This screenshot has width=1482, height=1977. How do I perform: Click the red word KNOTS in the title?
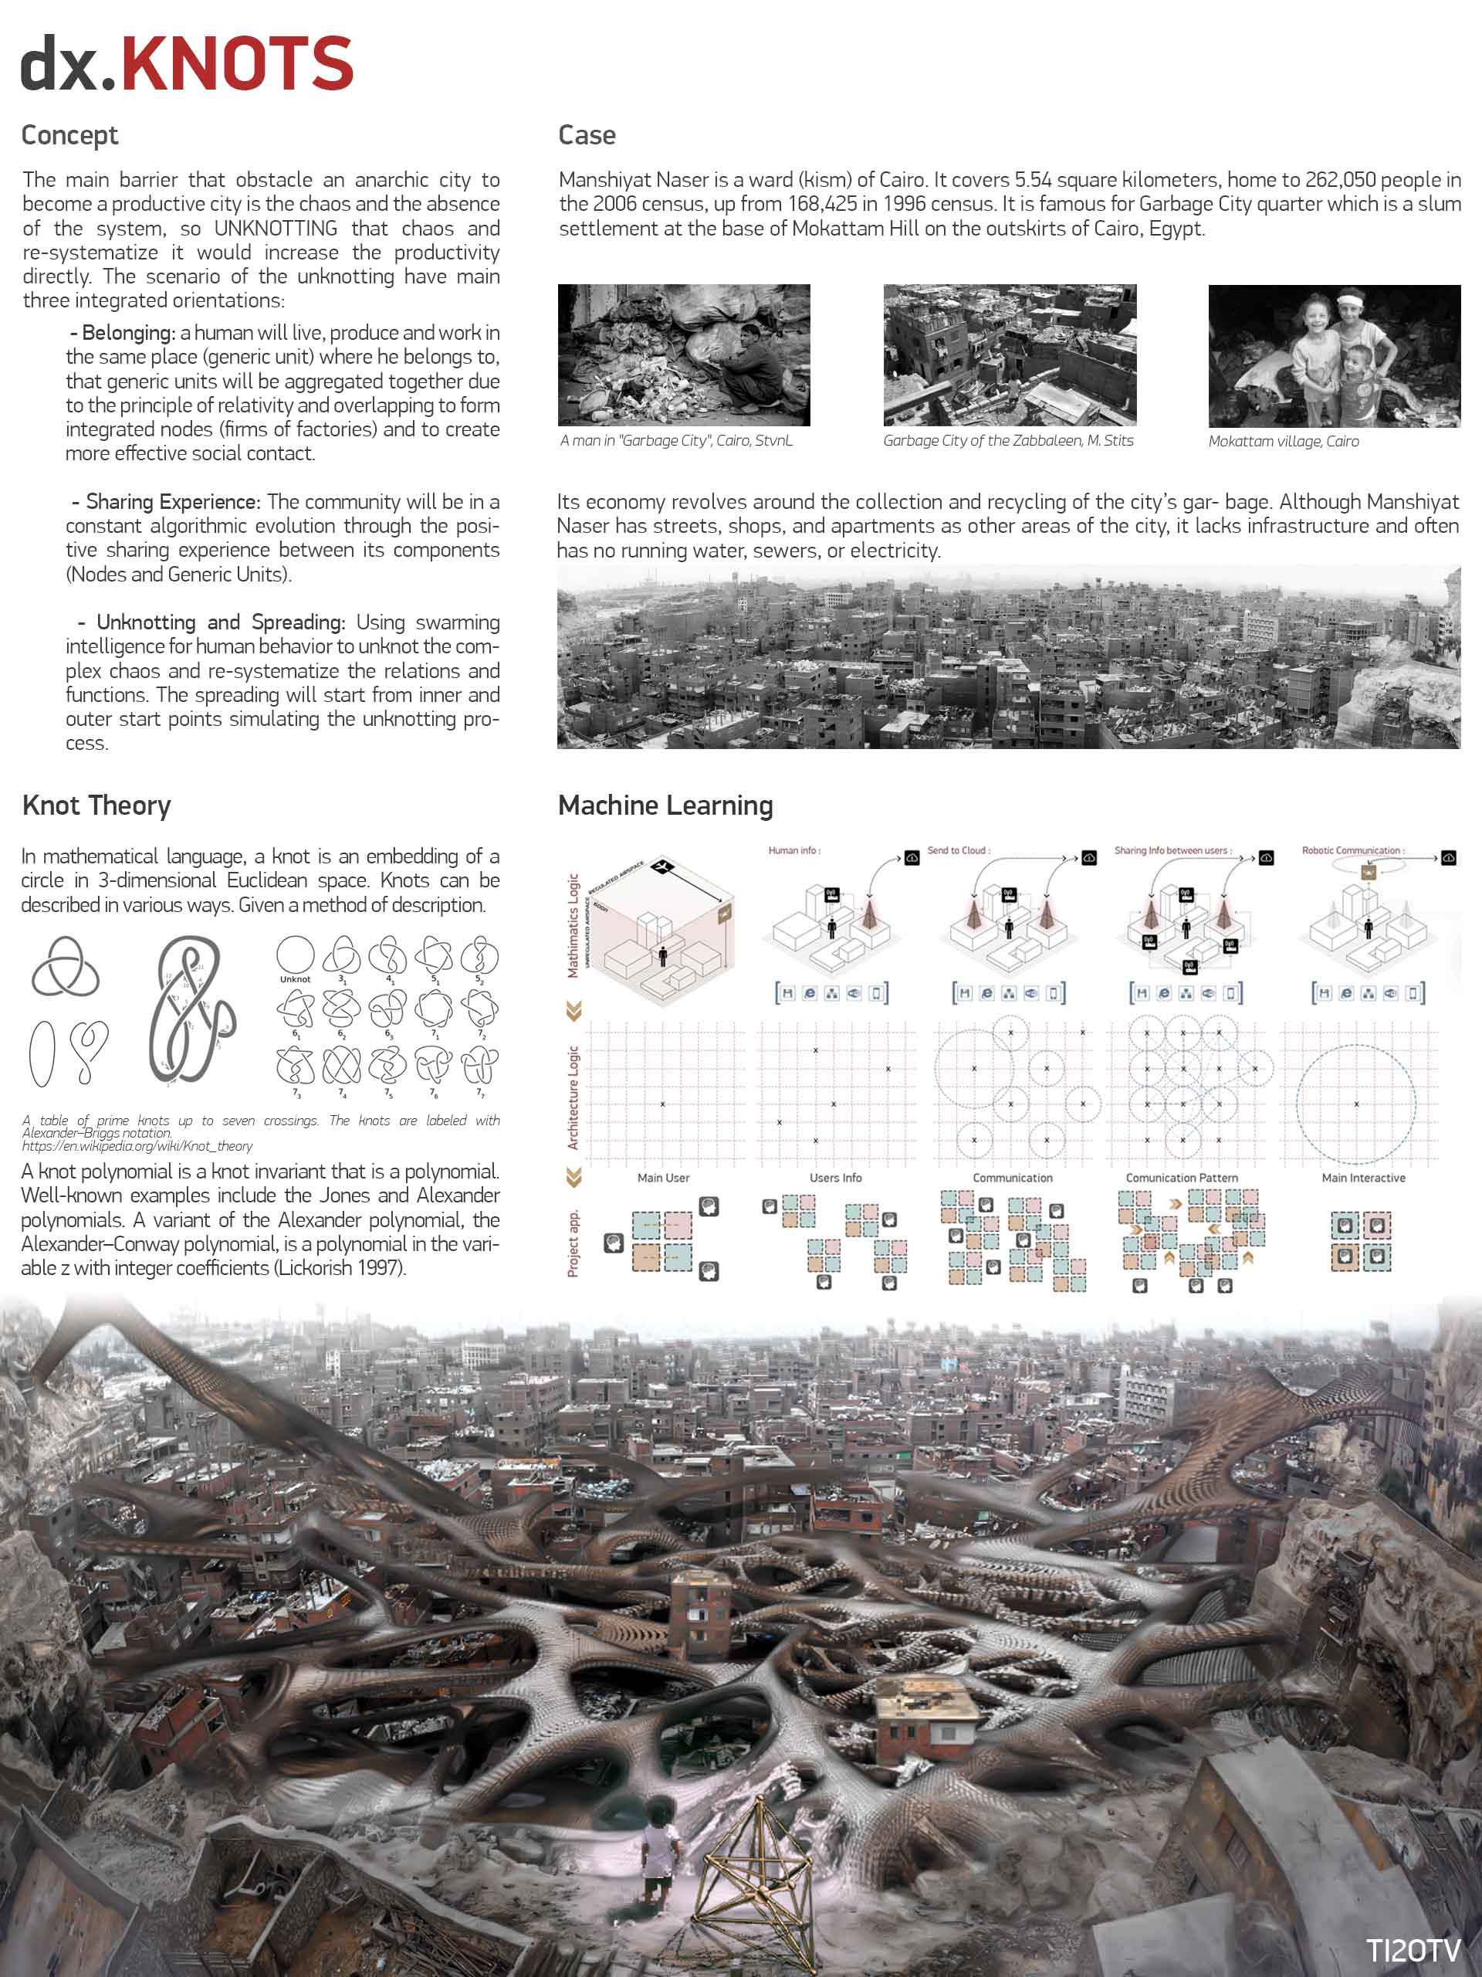237,64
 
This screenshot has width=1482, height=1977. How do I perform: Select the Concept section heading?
69,135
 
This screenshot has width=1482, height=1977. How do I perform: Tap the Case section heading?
587,135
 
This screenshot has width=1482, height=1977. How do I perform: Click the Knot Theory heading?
96,805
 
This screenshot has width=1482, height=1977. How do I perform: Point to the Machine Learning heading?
665,805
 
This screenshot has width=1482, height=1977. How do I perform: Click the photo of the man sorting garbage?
683,354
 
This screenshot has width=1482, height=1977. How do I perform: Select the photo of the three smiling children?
1334,356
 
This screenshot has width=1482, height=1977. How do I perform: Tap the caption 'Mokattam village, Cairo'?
1283,442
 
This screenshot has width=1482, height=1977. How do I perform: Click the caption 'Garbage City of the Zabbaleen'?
1007,441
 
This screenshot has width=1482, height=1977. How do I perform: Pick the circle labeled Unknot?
295,955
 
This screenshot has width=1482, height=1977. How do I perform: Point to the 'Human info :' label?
794,850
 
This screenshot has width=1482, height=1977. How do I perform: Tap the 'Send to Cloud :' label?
959,850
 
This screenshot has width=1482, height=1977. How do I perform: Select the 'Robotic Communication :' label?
1352,850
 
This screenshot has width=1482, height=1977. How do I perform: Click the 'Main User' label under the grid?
663,1178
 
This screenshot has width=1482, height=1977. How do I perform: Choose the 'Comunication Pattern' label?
1182,1178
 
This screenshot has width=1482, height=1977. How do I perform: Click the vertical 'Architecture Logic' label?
574,1097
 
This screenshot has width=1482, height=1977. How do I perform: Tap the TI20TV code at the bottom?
1413,1950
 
